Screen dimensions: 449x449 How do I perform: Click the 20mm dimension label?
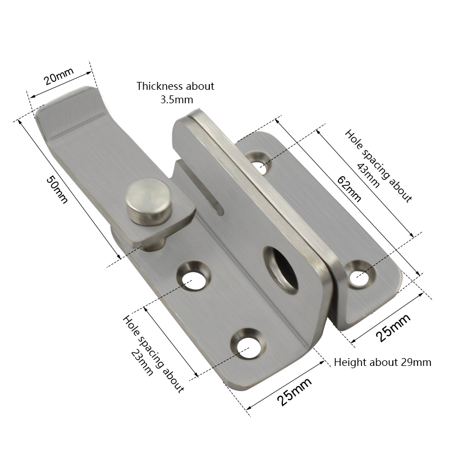[59, 76]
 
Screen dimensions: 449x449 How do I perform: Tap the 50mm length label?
[58, 189]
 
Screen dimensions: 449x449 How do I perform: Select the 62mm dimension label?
[349, 189]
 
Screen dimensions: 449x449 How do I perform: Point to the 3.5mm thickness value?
[176, 99]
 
